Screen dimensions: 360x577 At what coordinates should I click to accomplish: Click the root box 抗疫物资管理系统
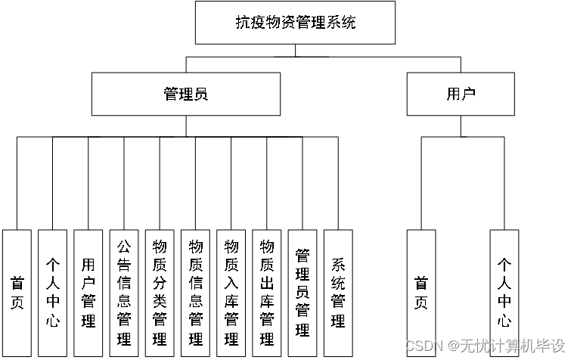295,23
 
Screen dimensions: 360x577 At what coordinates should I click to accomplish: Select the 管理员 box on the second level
185,94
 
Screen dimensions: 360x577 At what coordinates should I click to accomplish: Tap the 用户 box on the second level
461,94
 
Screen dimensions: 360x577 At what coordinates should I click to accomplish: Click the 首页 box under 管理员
17,292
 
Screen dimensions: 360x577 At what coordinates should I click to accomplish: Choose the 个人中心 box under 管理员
53,292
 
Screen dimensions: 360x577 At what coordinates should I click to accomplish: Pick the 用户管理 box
88,292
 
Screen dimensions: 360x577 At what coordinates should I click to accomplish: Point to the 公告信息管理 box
124,292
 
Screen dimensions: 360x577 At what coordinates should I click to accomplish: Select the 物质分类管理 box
160,292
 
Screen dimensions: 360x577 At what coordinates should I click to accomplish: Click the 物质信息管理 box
195,292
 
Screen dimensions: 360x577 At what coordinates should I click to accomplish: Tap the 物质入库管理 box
231,292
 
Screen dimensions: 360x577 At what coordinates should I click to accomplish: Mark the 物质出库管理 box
266,292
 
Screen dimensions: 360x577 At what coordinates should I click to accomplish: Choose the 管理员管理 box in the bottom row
302,292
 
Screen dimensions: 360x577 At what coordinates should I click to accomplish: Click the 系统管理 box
338,292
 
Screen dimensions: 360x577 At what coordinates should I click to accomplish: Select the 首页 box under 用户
421,292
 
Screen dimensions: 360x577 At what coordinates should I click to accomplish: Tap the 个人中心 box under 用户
504,292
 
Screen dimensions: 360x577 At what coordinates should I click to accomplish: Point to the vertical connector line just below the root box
295,50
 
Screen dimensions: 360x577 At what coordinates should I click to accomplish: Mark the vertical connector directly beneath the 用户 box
461,126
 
